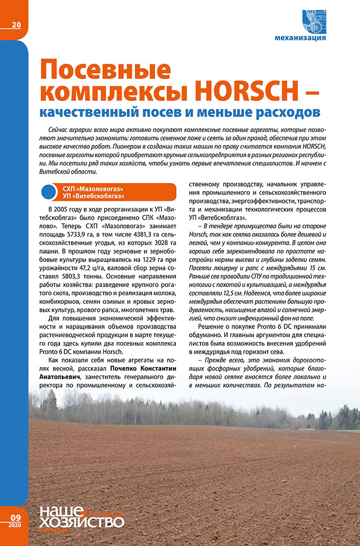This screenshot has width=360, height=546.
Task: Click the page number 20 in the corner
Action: [x=16, y=25]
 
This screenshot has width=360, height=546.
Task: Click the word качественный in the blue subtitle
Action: [x=100, y=113]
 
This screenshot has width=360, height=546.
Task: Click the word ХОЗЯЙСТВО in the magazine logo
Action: [x=81, y=522]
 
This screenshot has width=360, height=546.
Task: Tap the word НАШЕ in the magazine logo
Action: [x=61, y=511]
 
